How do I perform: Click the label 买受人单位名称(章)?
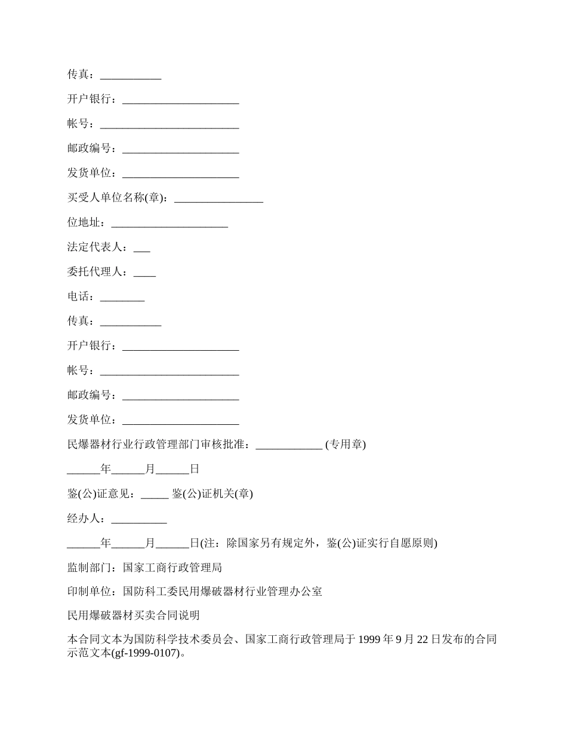[117, 198]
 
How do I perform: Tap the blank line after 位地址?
[170, 223]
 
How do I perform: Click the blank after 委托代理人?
[144, 272]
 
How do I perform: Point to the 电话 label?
[80, 297]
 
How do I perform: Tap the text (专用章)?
[346, 445]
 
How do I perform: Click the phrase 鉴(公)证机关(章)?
[212, 494]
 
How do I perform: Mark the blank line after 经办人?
[139, 519]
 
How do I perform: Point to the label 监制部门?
[91, 568]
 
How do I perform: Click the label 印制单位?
[91, 592]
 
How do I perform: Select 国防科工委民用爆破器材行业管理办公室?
[223, 592]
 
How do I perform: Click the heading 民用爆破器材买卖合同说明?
[133, 616]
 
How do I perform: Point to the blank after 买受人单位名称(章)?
[218, 198]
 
